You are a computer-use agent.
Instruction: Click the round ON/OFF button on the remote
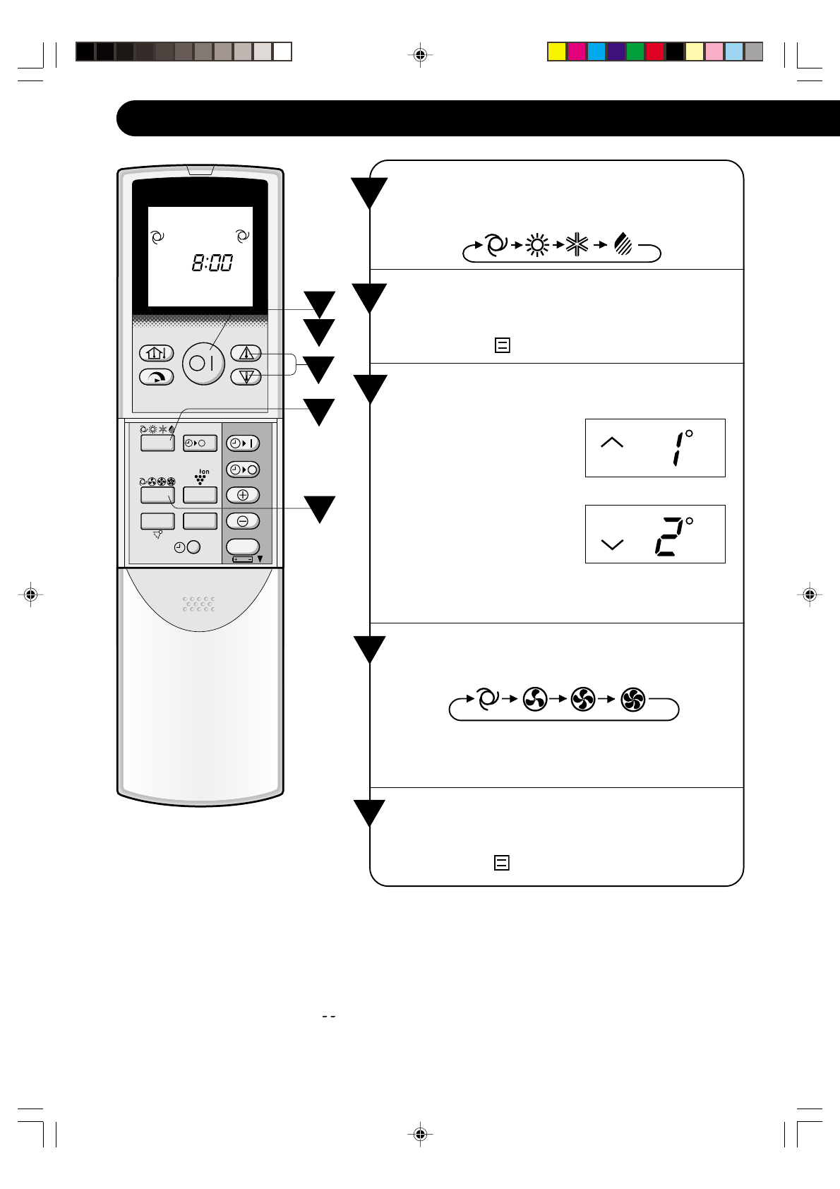coord(203,364)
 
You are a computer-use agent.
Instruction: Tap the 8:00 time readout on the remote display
coord(212,263)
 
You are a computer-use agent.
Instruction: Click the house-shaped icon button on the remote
coord(156,353)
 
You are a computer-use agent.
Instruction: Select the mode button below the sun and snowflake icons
coord(157,443)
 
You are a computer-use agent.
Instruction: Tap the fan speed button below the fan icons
coord(157,495)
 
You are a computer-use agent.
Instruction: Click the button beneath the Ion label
coord(200,495)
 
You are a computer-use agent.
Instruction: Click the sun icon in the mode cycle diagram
coord(538,245)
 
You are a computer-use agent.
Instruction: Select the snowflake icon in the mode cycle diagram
coord(577,245)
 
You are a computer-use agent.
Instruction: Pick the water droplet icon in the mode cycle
coord(623,244)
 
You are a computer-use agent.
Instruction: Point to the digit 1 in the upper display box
coord(678,448)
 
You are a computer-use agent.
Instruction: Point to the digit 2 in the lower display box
coord(668,537)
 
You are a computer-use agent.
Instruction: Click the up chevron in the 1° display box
coord(611,442)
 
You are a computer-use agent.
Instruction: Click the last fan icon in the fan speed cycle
coord(633,700)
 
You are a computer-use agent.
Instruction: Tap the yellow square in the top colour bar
coord(557,52)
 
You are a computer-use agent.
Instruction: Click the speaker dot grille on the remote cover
coord(199,604)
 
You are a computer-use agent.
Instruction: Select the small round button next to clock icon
coord(193,547)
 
